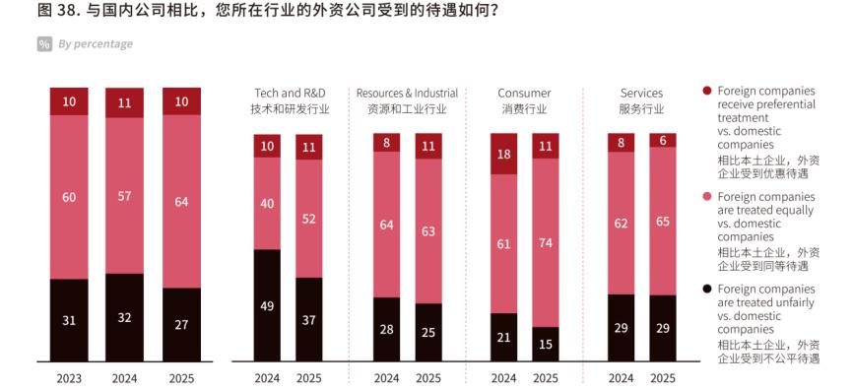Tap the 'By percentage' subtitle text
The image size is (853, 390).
[95, 44]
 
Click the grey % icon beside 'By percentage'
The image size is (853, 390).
[44, 44]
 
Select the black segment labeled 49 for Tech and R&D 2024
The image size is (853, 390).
[267, 306]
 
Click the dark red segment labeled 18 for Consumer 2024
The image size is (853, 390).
[503, 155]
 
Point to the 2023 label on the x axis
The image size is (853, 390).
[69, 377]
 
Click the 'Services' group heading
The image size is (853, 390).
[641, 94]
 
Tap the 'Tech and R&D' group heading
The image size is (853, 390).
[287, 94]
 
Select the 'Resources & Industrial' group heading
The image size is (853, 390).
[407, 94]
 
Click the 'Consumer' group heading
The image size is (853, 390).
[523, 94]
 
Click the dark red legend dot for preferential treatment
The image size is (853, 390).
[706, 91]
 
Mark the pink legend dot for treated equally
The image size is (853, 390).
[706, 196]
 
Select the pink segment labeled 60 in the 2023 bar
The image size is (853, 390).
[69, 197]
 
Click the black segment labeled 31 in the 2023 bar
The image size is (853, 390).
[69, 321]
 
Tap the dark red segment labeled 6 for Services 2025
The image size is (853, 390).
[663, 140]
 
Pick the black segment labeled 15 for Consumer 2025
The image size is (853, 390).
[544, 345]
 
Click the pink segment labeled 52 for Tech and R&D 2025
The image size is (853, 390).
[308, 219]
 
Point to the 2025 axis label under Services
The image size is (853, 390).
[663, 377]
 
